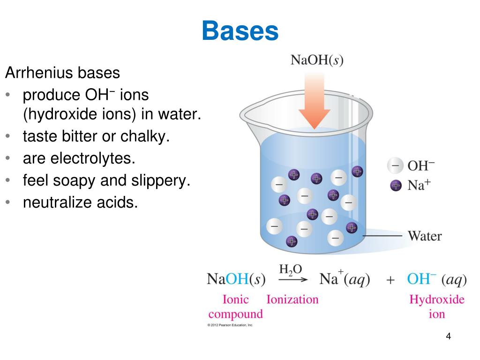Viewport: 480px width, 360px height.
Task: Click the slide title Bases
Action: pos(240,31)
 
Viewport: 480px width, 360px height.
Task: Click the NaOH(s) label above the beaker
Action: pos(317,61)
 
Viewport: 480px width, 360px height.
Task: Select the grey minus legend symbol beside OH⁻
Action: pos(395,166)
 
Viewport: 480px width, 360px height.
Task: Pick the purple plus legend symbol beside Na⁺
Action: pos(396,185)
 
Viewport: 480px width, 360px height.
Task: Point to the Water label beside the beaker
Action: pos(425,235)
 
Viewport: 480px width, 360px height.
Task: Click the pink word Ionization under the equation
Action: pos(292,300)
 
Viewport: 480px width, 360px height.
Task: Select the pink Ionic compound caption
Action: pos(235,307)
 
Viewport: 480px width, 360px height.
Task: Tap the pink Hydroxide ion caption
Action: pos(436,307)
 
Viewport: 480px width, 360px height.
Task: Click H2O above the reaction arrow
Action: pos(291,270)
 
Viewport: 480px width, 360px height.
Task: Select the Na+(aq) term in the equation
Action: pos(345,280)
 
